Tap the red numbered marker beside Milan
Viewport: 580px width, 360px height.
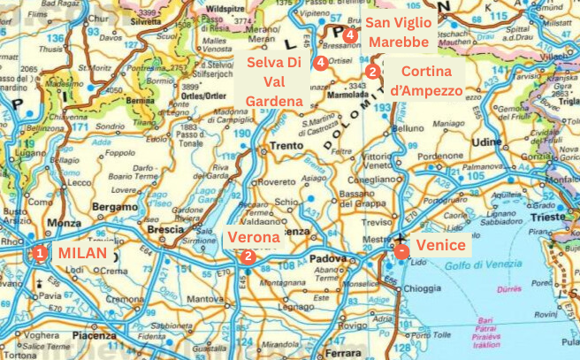pyautogui.click(x=39, y=253)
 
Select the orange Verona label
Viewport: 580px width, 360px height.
pyautogui.click(x=254, y=237)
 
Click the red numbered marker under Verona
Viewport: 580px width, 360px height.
pyautogui.click(x=248, y=256)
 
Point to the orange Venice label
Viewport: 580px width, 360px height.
pyautogui.click(x=439, y=245)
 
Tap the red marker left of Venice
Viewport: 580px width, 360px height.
pyautogui.click(x=401, y=250)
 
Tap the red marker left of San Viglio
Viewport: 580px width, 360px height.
pyautogui.click(x=350, y=34)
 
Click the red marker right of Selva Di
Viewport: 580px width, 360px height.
pyautogui.click(x=320, y=62)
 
